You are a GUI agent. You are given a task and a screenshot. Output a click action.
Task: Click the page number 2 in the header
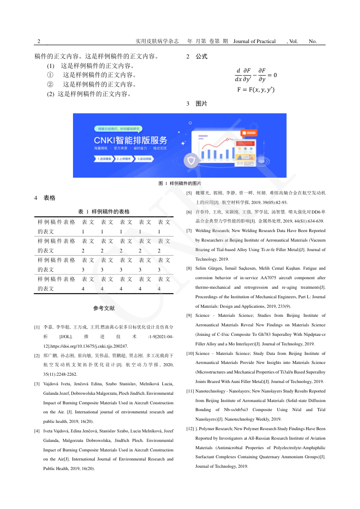(39, 41)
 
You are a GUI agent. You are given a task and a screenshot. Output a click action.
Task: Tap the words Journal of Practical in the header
(254, 41)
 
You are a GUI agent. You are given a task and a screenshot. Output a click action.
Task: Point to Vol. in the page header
(292, 41)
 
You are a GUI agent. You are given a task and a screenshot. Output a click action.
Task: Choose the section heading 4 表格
(45, 198)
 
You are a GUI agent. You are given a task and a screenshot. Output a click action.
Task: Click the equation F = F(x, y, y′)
(256, 90)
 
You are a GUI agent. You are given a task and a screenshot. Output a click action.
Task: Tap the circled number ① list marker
(50, 75)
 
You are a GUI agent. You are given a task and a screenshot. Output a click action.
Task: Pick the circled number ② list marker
(50, 84)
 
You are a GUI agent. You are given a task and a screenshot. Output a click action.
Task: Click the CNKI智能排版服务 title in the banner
(131, 140)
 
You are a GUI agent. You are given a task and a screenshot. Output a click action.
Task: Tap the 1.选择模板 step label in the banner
(104, 159)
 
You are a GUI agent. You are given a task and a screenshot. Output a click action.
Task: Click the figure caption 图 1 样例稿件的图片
(180, 184)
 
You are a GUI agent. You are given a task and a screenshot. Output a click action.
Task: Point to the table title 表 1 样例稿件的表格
(104, 212)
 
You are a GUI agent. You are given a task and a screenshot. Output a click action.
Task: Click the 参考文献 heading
(104, 308)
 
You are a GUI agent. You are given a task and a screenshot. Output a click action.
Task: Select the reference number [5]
(189, 193)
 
